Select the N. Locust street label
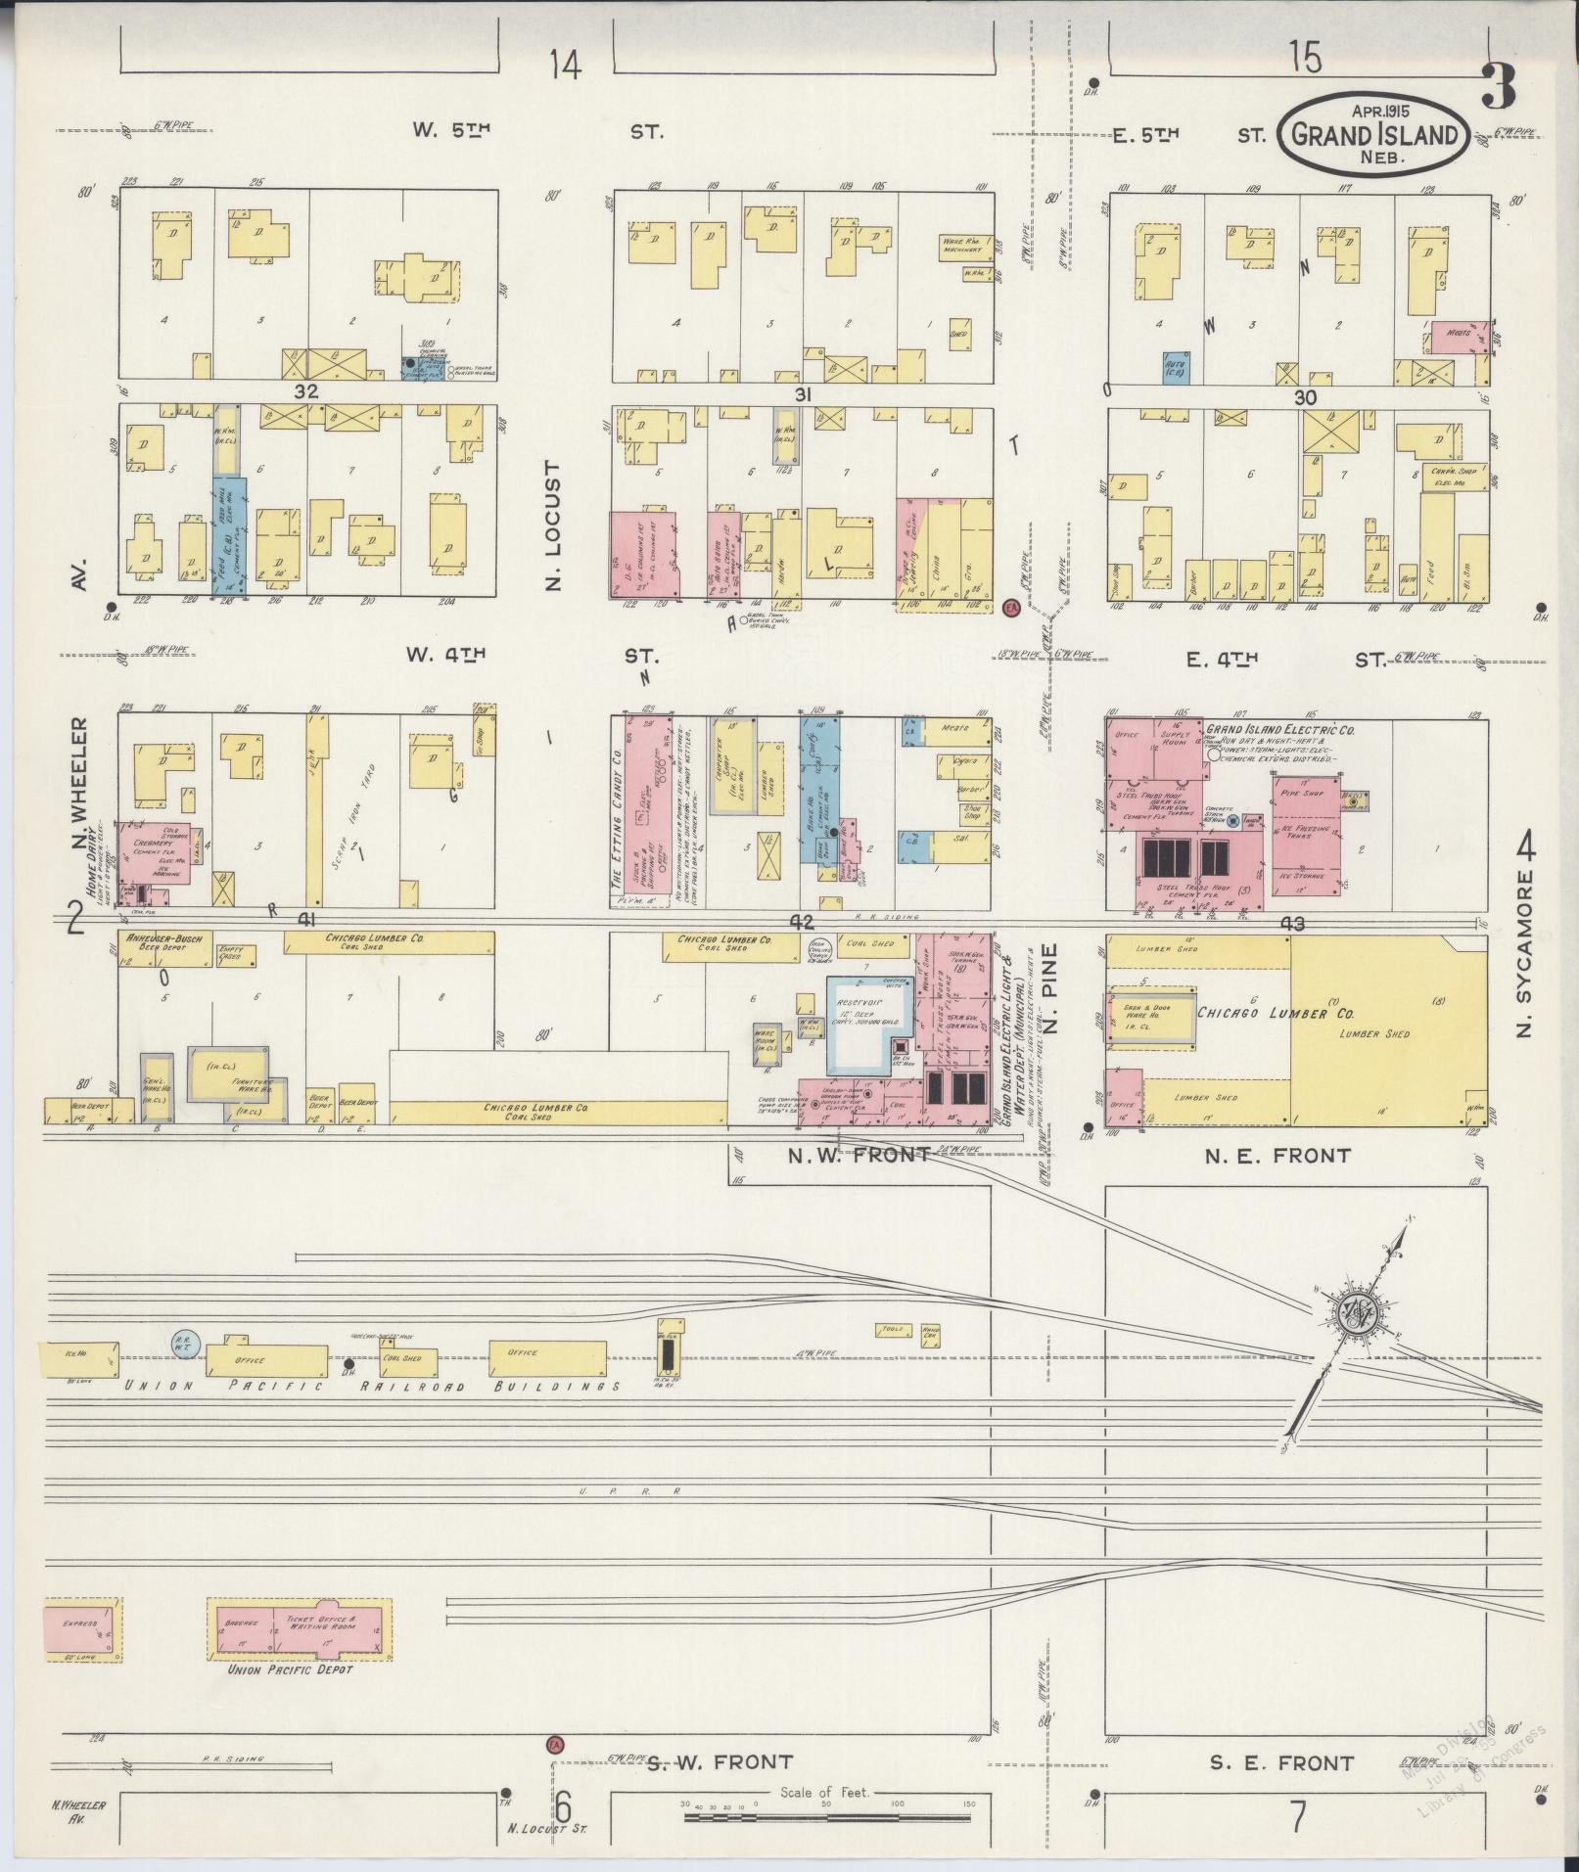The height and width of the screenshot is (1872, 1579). (554, 525)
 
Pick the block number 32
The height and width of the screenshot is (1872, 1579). (309, 391)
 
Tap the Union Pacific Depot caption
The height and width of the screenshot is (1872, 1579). (290, 1669)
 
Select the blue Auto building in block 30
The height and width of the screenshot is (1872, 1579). (1177, 368)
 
